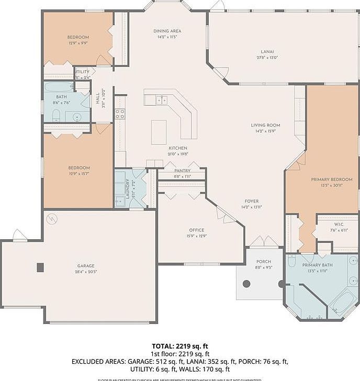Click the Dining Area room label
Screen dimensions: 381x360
[x=167, y=31]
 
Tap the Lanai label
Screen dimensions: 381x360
[x=266, y=51]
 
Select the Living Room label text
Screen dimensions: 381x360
[x=265, y=125]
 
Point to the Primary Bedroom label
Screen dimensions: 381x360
[x=331, y=180]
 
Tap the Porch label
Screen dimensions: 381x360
[x=263, y=262]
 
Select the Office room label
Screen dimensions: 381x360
[x=197, y=230]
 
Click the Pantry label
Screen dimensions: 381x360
[x=183, y=171]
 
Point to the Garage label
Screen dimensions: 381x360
[x=86, y=266]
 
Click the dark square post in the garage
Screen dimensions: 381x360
[x=40, y=267]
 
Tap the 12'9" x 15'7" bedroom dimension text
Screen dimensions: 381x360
[x=78, y=174]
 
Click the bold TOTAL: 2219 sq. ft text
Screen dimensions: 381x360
[x=179, y=346]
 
